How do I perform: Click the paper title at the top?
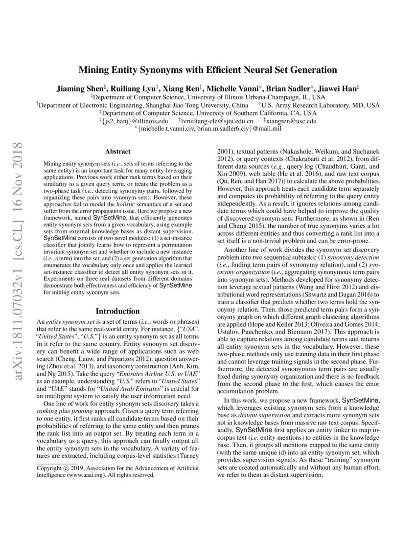coord(208,70)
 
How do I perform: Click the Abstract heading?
coord(118,152)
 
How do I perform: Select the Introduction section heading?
coord(117,311)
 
